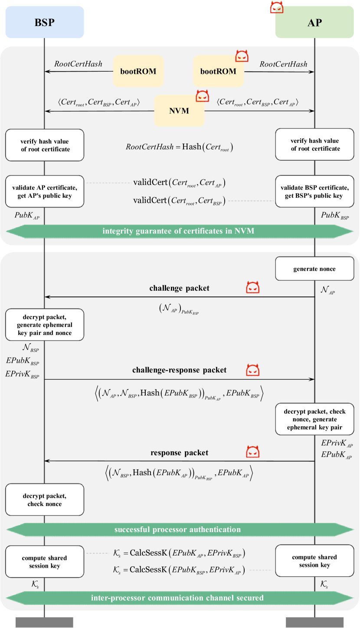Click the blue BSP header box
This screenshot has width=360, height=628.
pyautogui.click(x=44, y=22)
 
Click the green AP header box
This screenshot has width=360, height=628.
pyautogui.click(x=314, y=22)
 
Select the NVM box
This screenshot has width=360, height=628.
pyautogui.click(x=179, y=111)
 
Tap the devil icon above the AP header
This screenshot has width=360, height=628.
pyautogui.click(x=276, y=7)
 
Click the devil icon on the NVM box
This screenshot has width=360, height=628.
pyautogui.click(x=202, y=96)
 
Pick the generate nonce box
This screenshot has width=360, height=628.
pyautogui.click(x=314, y=269)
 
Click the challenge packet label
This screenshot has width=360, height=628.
pyautogui.click(x=179, y=288)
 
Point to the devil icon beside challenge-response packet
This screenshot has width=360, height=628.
pyautogui.click(x=252, y=370)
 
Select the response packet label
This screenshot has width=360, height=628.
pyautogui.click(x=179, y=453)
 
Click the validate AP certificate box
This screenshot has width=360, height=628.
pyautogui.click(x=44, y=191)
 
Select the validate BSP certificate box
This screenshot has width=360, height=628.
pyautogui.click(x=314, y=191)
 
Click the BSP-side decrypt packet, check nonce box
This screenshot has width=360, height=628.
pyautogui.click(x=44, y=500)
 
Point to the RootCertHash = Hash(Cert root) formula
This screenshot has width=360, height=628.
pyautogui.click(x=180, y=147)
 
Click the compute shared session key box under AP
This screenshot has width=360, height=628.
pyautogui.click(x=314, y=561)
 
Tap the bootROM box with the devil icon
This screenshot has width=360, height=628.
pyautogui.click(x=218, y=71)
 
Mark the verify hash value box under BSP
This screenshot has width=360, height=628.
pyautogui.click(x=44, y=145)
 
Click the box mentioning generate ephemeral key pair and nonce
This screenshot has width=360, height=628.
pyautogui.click(x=44, y=325)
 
